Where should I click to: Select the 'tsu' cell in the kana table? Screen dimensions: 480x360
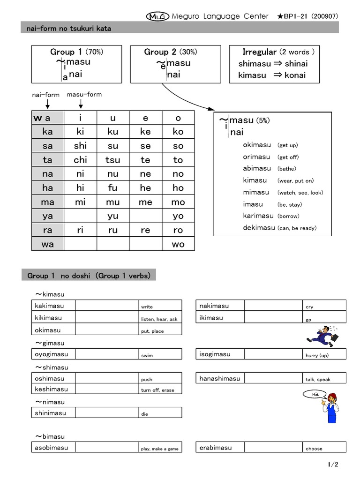[x=112, y=160]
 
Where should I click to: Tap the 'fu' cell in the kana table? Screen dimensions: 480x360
[x=112, y=188]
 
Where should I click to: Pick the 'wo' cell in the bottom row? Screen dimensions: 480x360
[x=178, y=244]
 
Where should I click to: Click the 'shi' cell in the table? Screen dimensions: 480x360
[x=80, y=146]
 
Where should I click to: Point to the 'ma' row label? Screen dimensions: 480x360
[x=48, y=202]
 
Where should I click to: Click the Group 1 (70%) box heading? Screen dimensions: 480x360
[x=76, y=52]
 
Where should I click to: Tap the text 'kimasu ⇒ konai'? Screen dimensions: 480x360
[x=272, y=75]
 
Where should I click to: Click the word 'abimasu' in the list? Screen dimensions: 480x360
[x=257, y=168]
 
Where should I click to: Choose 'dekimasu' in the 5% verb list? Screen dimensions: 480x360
[x=259, y=227]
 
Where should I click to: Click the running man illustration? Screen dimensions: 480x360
[x=322, y=336]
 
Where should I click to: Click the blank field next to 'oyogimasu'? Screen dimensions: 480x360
[x=106, y=354]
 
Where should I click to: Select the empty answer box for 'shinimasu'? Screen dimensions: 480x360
[x=106, y=413]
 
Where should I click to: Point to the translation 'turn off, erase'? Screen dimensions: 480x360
[x=157, y=390]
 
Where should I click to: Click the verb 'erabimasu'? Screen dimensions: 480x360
[x=216, y=447]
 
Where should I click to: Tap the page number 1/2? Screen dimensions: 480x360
[x=333, y=465]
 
